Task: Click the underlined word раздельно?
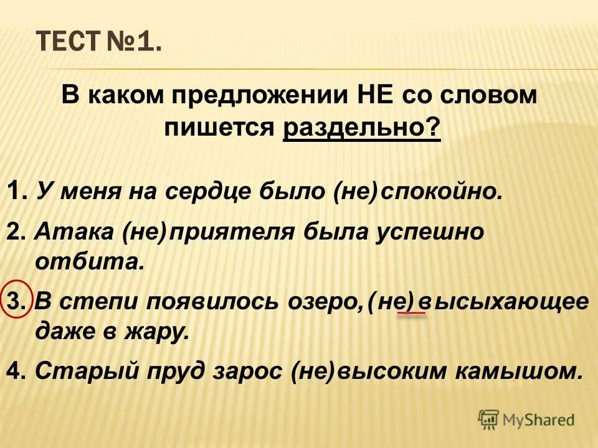click(361, 128)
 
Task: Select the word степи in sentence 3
click(100, 302)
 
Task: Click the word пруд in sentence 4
click(167, 371)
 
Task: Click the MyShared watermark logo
click(526, 419)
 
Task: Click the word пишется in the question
click(219, 128)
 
